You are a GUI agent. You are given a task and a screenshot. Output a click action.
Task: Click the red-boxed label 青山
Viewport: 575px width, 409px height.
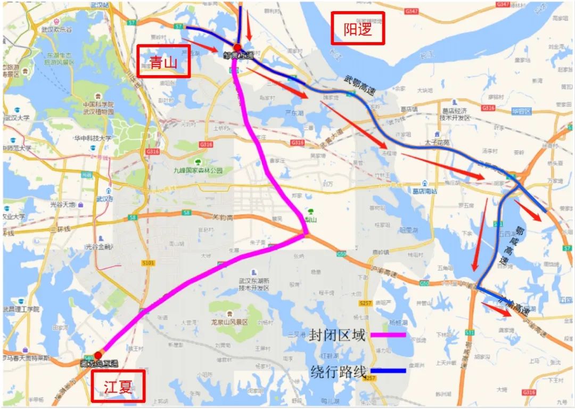(163, 61)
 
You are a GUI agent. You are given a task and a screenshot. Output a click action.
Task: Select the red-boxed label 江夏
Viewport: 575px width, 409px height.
(118, 386)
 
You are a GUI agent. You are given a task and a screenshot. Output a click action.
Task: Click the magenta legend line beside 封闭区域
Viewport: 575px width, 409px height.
(388, 335)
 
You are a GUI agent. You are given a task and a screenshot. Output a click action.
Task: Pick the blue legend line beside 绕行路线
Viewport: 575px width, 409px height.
(388, 371)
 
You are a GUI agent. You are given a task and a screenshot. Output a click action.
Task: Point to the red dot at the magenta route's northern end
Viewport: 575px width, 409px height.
(237, 47)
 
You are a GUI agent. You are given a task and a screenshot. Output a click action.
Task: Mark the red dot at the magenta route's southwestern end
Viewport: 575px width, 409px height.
(98, 355)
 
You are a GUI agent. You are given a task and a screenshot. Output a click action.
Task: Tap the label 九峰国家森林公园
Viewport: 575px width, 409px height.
(198, 171)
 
